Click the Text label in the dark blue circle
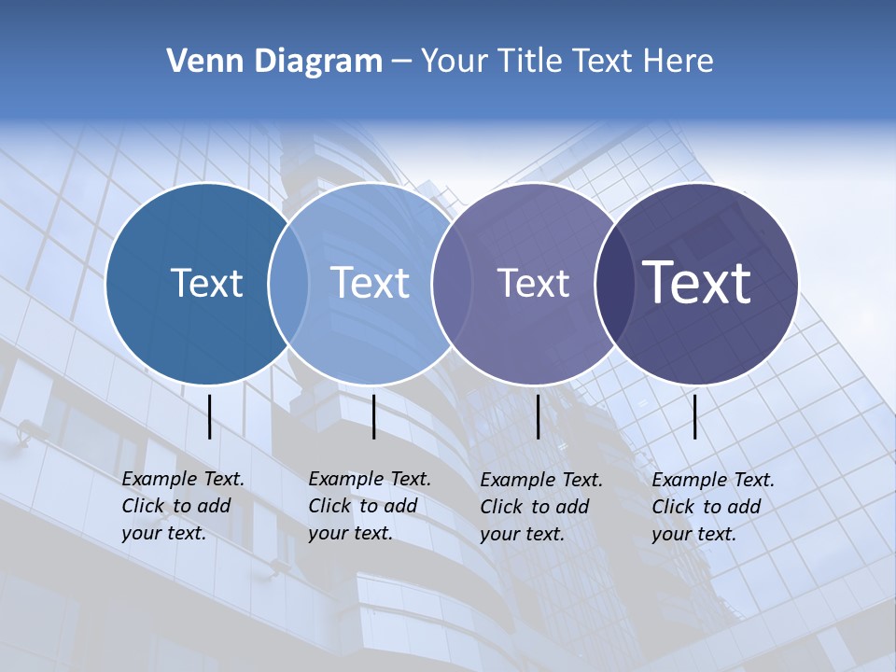pos(206,283)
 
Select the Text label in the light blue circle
pos(370,283)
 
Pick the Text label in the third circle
pos(533,283)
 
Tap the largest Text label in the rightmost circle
pos(696,283)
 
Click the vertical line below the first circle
pos(210,416)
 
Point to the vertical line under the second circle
pos(373,416)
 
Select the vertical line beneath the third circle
pos(539,416)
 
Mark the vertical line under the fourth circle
pos(694,416)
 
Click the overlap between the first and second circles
pos(288,283)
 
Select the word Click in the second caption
pos(329,506)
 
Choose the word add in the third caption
pos(573,507)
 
